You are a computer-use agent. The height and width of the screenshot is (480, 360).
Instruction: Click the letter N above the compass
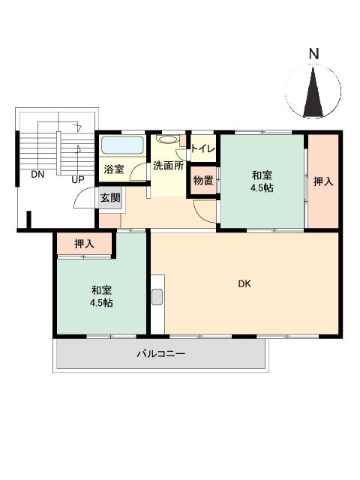314,54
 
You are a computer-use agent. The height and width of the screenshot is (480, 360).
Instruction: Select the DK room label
244,283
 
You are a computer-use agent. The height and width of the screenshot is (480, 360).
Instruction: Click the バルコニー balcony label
160,352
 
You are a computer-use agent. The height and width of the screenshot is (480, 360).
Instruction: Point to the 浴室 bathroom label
114,169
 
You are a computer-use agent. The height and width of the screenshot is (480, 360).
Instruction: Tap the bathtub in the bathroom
122,145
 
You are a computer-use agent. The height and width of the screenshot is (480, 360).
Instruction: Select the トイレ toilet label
203,148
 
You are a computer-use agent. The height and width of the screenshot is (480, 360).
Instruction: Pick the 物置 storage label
202,181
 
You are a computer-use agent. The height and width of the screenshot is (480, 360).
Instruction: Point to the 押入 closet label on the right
323,181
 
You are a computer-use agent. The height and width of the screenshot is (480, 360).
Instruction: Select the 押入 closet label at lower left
85,244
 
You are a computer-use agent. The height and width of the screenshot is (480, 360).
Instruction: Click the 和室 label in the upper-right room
262,175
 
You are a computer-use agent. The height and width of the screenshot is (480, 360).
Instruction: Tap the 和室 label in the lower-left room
103,289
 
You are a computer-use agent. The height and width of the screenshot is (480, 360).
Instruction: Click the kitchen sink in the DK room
157,296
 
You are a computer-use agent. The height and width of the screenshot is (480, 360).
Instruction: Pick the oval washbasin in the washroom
168,139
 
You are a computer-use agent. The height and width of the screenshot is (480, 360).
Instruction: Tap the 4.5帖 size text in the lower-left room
103,303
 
